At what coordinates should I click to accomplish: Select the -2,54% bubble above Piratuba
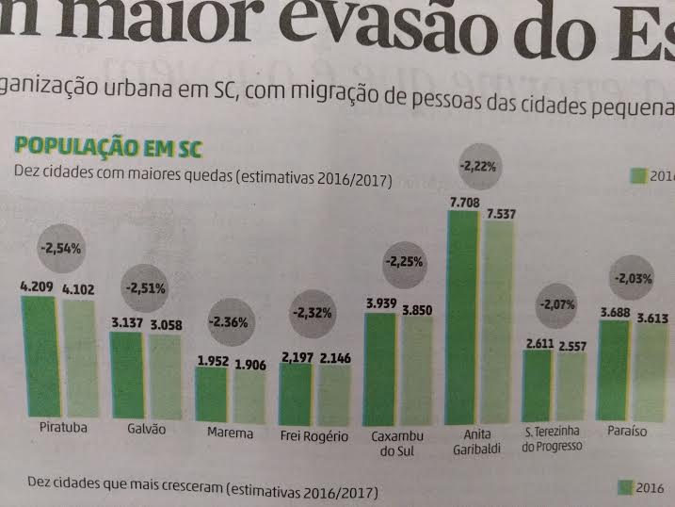pyautogui.click(x=61, y=251)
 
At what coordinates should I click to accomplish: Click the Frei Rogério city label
pyautogui.click(x=314, y=436)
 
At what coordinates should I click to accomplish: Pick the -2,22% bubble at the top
pyautogui.click(x=479, y=166)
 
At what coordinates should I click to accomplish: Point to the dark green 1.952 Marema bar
pyautogui.click(x=212, y=393)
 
